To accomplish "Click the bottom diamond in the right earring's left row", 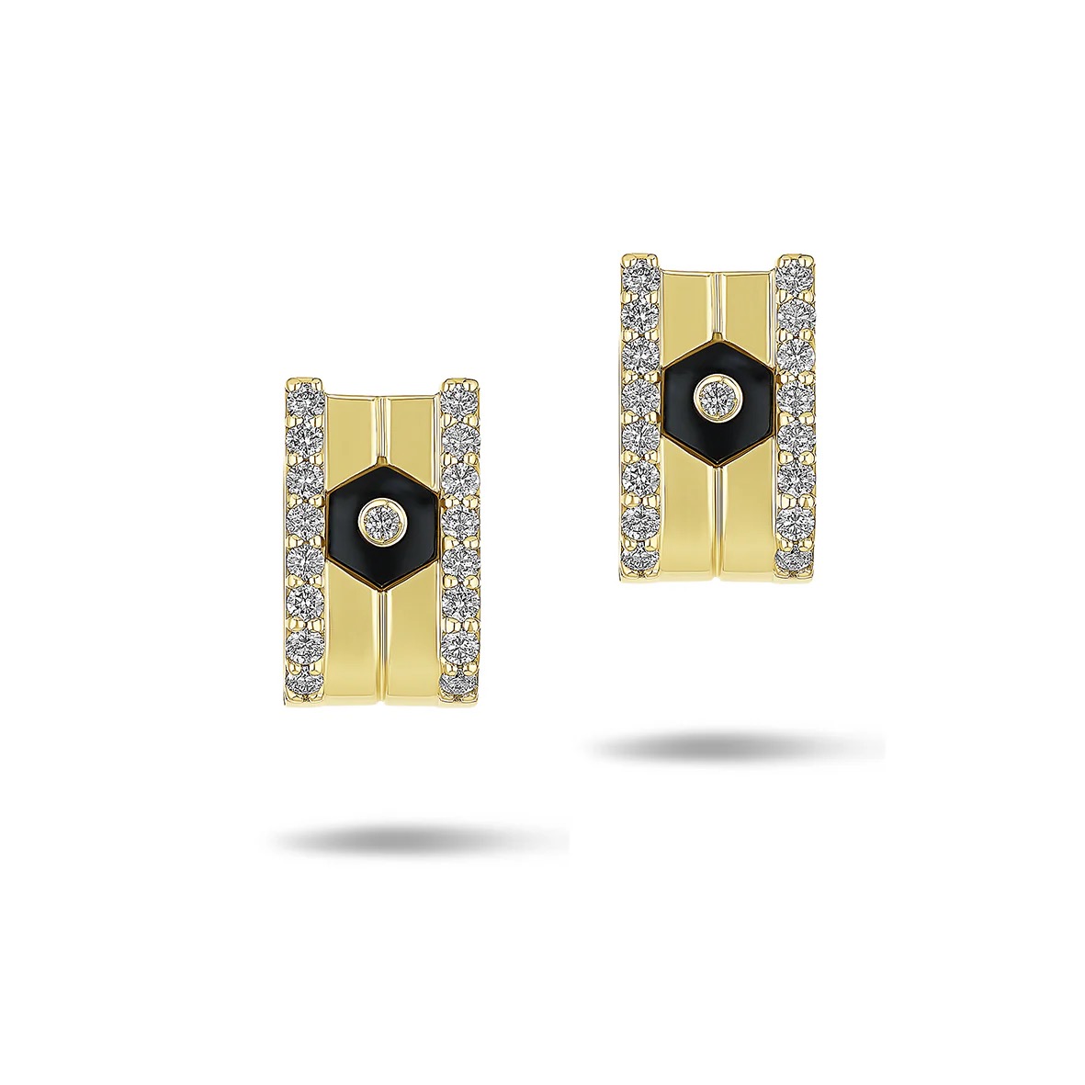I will point(640,558).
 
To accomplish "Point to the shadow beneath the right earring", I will point(735,746).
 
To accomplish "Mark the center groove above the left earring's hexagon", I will point(381,432).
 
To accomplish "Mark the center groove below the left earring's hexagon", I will point(381,643).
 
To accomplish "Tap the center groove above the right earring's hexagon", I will point(717,308).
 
